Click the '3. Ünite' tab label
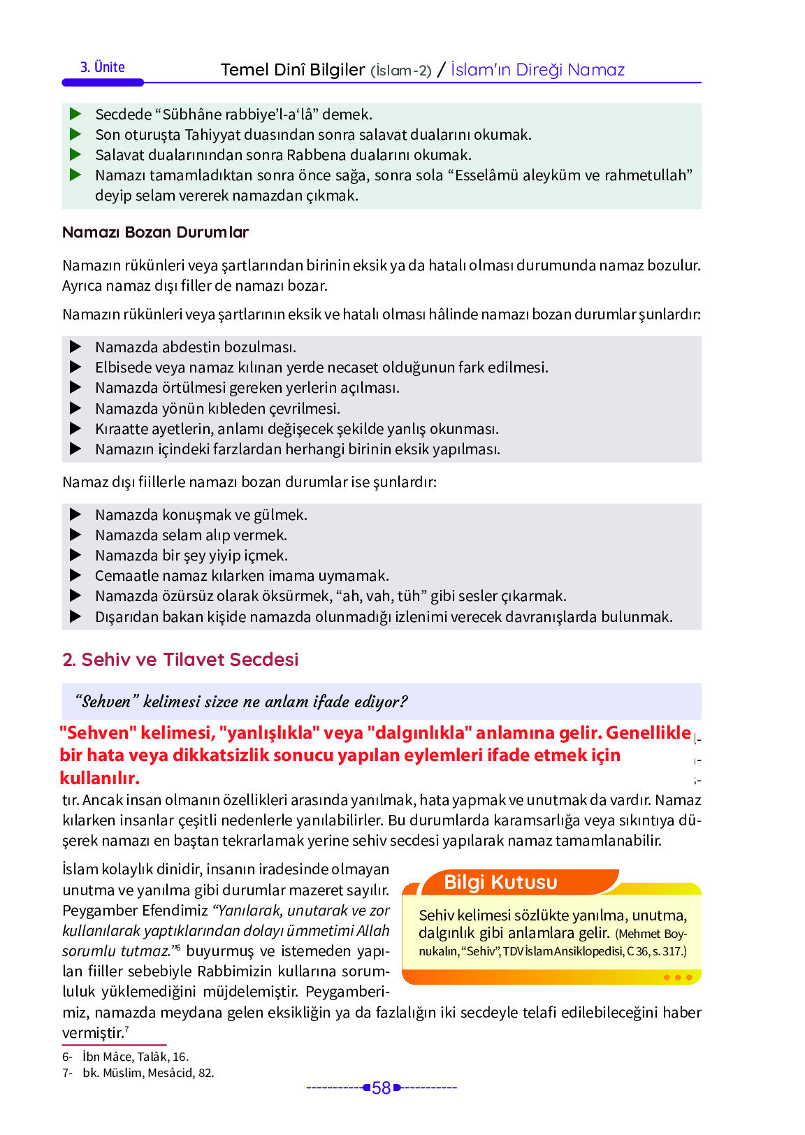coord(103,68)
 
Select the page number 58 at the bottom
coord(381,1088)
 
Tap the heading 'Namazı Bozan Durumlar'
coord(155,233)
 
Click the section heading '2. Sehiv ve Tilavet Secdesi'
coord(180,660)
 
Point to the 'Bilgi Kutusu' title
coord(500,883)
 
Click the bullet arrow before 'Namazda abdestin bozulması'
coord(75,347)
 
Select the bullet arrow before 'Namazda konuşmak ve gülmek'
coord(75,515)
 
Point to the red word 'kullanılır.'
coord(99,779)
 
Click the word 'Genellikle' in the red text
coord(648,733)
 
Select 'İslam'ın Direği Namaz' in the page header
coord(537,70)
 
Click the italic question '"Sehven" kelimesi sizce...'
coord(241,702)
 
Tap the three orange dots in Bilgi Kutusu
coord(677,978)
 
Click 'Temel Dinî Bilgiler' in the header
coord(292,70)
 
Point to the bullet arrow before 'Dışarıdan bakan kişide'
coord(75,617)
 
